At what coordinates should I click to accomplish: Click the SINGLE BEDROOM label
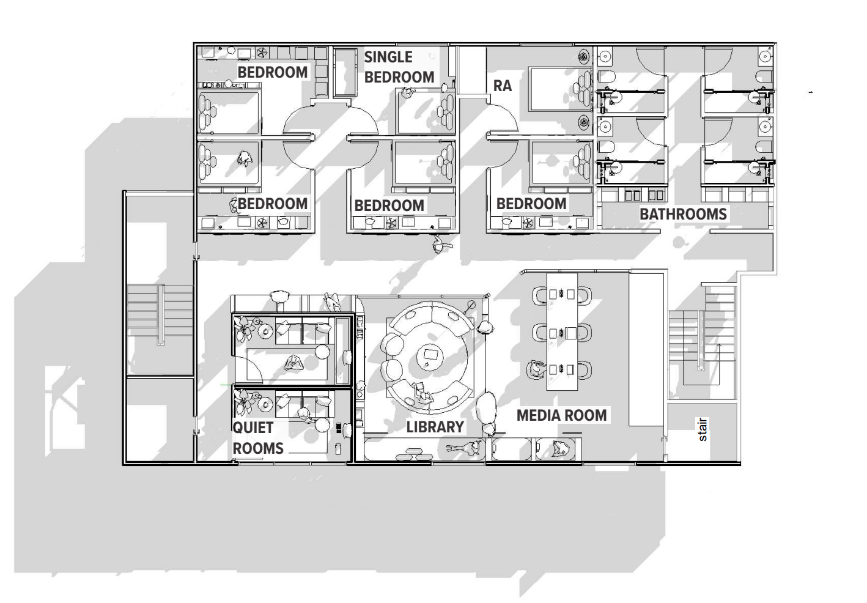pyautogui.click(x=399, y=67)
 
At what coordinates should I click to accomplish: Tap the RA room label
pyautogui.click(x=503, y=86)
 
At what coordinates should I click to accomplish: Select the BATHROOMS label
pyautogui.click(x=683, y=214)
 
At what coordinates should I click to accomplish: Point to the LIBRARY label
pyautogui.click(x=435, y=427)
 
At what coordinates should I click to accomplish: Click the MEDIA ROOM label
pyautogui.click(x=562, y=415)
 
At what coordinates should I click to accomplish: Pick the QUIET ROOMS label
pyautogui.click(x=258, y=438)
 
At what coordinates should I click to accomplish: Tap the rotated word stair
pyautogui.click(x=703, y=429)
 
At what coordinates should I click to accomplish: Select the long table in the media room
pyautogui.click(x=562, y=331)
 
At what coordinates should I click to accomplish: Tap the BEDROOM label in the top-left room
pyautogui.click(x=273, y=72)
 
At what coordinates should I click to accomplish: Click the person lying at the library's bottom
pyautogui.click(x=466, y=448)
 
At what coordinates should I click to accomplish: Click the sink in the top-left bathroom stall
pyautogui.click(x=605, y=57)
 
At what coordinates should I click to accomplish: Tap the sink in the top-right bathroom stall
pyautogui.click(x=766, y=57)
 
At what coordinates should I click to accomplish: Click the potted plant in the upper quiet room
pyautogui.click(x=244, y=328)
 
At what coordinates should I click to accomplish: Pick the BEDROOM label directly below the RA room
pyautogui.click(x=531, y=204)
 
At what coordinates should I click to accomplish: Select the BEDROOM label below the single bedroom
pyautogui.click(x=389, y=206)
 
